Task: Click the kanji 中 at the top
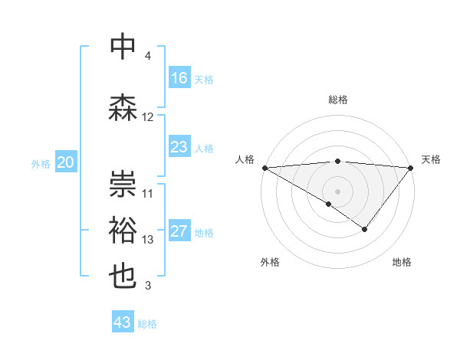click(123, 47)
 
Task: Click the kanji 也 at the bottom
click(123, 277)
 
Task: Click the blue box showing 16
click(179, 78)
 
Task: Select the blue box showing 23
click(179, 147)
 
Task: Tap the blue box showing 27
click(179, 231)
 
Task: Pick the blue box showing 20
click(66, 162)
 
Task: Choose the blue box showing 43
click(123, 322)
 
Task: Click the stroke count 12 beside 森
click(148, 117)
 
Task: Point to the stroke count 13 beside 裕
click(148, 240)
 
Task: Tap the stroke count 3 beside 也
click(148, 286)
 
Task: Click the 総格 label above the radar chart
click(337, 100)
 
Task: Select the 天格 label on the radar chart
click(431, 159)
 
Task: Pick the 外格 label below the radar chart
click(270, 262)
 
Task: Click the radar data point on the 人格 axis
click(264, 167)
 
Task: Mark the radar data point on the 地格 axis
click(365, 229)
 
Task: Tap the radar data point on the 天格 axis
click(411, 167)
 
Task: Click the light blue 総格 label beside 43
click(147, 324)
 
